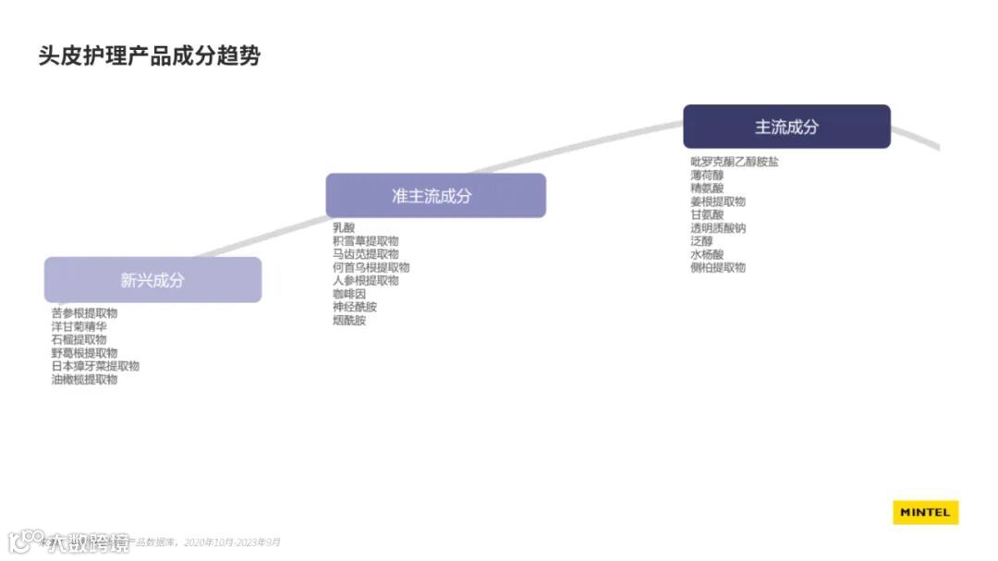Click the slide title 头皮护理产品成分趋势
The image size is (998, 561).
(149, 55)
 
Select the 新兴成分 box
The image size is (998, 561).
(152, 280)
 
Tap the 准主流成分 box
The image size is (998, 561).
(435, 196)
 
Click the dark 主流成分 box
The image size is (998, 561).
(786, 127)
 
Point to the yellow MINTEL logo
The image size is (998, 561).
(925, 513)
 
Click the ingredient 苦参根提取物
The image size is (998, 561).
(84, 313)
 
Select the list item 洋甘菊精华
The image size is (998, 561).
(79, 326)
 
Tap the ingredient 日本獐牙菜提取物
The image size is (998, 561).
(95, 366)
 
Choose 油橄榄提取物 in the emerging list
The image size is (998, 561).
(84, 379)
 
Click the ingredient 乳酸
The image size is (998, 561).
(344, 227)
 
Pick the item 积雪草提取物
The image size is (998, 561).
(365, 240)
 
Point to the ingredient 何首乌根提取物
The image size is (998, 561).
(371, 267)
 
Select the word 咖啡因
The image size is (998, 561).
(349, 294)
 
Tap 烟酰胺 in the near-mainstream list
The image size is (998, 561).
(349, 321)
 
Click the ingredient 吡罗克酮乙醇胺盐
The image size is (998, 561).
(735, 162)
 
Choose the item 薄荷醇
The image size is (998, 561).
(707, 175)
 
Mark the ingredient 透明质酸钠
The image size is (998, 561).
(718, 227)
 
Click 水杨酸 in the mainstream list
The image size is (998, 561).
(707, 254)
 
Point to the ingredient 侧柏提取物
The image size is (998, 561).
(718, 267)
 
